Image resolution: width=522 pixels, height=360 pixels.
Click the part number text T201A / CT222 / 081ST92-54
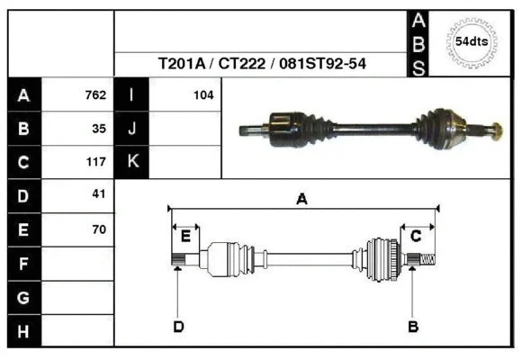click(266, 64)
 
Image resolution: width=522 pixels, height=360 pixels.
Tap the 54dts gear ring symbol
click(472, 41)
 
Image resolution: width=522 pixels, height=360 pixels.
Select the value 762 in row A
click(94, 94)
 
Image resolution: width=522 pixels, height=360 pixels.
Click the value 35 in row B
click(98, 129)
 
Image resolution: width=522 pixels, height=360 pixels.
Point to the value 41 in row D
click(98, 194)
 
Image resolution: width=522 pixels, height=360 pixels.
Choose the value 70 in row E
click(98, 229)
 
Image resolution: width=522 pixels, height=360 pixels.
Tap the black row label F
click(23, 264)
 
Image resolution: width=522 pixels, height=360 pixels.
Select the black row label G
click(23, 298)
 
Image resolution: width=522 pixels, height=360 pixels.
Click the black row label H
click(23, 331)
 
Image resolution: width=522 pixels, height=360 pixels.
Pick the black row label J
click(131, 129)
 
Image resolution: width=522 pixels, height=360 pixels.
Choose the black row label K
click(131, 163)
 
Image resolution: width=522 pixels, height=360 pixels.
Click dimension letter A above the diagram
click(301, 200)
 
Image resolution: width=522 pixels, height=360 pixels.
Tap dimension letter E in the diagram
click(185, 236)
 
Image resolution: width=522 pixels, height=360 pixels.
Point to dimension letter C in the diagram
click(417, 236)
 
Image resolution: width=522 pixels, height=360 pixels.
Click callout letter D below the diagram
click(178, 326)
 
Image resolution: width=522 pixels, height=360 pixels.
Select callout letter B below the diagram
click(413, 326)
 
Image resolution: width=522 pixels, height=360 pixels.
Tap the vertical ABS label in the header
click(418, 42)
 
